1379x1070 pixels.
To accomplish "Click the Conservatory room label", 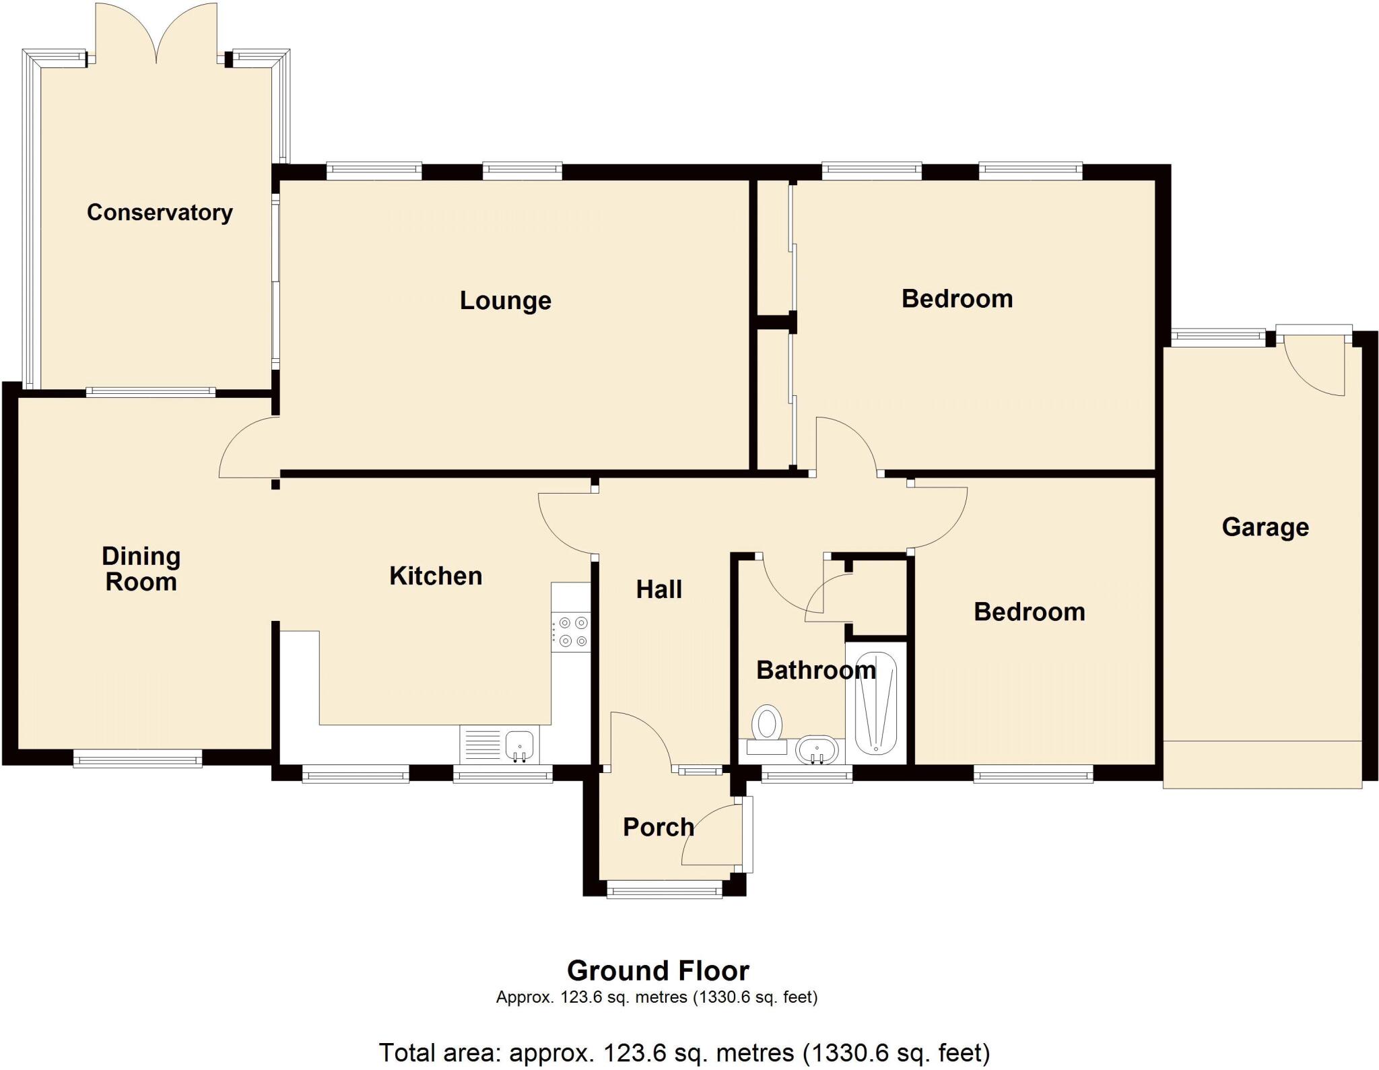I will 160,213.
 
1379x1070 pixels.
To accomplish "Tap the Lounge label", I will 505,300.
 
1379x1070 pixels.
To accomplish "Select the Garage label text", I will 1265,527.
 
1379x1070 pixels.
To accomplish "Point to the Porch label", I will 658,827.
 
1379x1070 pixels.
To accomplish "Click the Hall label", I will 659,590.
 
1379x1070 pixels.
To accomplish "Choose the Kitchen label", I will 436,576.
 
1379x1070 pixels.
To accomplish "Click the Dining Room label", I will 141,569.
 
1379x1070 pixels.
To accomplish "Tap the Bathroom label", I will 815,670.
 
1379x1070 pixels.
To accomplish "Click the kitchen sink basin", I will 519,745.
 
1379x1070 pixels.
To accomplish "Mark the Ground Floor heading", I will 658,971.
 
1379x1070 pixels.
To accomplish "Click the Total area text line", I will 684,1052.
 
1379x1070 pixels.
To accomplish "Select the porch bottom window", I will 665,891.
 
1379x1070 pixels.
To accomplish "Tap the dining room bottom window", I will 137,760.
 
